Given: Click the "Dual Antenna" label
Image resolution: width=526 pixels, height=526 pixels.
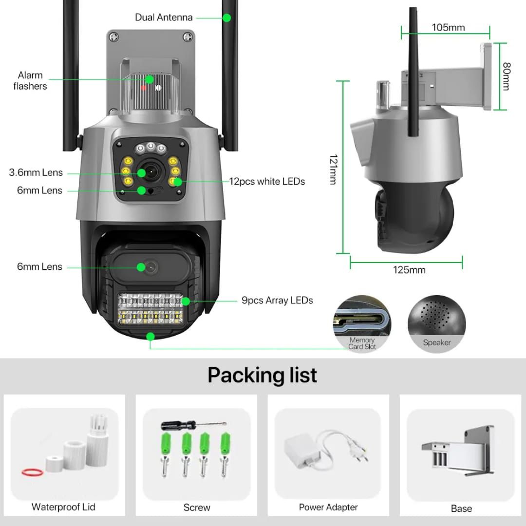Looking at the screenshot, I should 164,18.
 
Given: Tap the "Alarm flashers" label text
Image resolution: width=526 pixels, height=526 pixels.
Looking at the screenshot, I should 30,81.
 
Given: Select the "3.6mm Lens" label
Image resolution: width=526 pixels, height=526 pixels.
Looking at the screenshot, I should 36,172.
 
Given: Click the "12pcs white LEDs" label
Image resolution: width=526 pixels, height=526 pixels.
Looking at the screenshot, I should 267,182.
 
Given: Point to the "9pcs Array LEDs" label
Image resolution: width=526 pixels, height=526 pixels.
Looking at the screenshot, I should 277,301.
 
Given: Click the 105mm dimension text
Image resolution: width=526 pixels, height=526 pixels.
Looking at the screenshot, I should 448,27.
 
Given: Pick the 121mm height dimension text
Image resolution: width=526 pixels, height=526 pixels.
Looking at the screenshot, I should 333,169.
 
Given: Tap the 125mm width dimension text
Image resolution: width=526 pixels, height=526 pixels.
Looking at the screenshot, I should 409,270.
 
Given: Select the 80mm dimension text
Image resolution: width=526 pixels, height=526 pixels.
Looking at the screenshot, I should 506,76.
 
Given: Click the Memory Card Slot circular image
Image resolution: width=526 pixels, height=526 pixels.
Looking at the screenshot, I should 362,322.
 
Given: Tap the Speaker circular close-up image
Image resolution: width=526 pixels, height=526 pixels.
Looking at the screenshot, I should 437,322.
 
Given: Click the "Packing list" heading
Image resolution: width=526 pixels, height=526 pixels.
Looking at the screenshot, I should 262,375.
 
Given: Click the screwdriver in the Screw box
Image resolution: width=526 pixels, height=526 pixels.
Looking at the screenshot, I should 192,425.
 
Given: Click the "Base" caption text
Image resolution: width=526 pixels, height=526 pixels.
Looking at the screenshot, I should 461,508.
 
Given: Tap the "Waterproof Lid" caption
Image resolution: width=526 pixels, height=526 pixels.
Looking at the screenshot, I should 63,507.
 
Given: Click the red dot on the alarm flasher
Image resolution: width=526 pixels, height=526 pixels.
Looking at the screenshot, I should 144,88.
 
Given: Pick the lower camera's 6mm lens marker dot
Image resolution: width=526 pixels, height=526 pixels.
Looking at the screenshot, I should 141,267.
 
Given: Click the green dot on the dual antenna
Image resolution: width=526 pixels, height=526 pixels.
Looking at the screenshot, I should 226,18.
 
